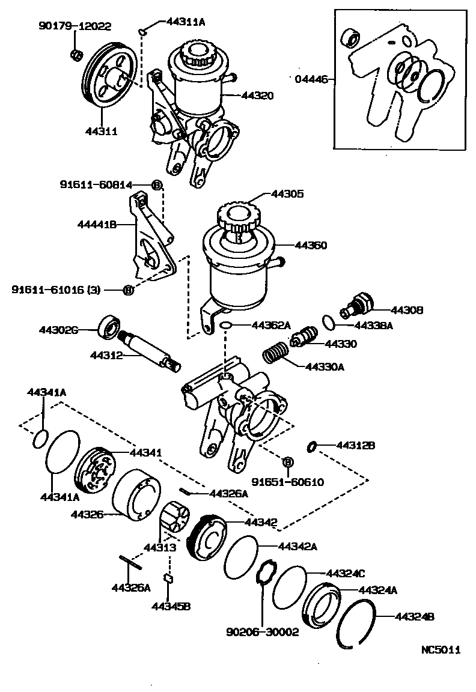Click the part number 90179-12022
tap(75, 26)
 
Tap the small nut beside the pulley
tap(76, 55)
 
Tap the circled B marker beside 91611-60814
tap(156, 185)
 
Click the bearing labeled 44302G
tap(109, 326)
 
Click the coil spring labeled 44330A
tap(276, 352)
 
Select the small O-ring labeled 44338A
tap(327, 321)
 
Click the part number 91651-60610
tap(279, 482)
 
